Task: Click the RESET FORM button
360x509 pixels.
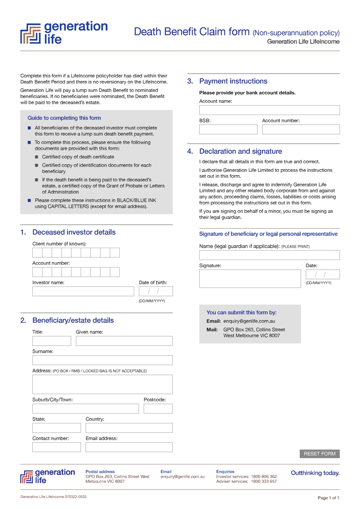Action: click(x=319, y=454)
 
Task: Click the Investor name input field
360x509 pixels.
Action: click(x=83, y=291)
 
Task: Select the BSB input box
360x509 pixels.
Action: click(x=228, y=129)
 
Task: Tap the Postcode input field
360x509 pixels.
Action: click(x=158, y=408)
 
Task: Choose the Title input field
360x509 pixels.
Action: click(x=52, y=341)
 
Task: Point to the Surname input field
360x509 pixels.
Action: click(x=102, y=360)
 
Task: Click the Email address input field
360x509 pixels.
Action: click(x=129, y=447)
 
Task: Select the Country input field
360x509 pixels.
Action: click(x=129, y=428)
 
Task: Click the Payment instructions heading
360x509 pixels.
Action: click(x=233, y=81)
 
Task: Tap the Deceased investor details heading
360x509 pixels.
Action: click(x=74, y=232)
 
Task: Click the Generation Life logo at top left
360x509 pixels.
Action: click(x=64, y=33)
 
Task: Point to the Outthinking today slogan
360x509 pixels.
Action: click(x=315, y=473)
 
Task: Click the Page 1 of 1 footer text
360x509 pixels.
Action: click(x=328, y=498)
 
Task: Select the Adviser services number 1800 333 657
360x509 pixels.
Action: click(x=264, y=481)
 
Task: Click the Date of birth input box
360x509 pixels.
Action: click(x=156, y=291)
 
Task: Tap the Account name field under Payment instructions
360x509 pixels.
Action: click(x=269, y=110)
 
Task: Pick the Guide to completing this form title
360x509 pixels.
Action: click(x=64, y=118)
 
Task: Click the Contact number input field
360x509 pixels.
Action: click(x=56, y=447)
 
